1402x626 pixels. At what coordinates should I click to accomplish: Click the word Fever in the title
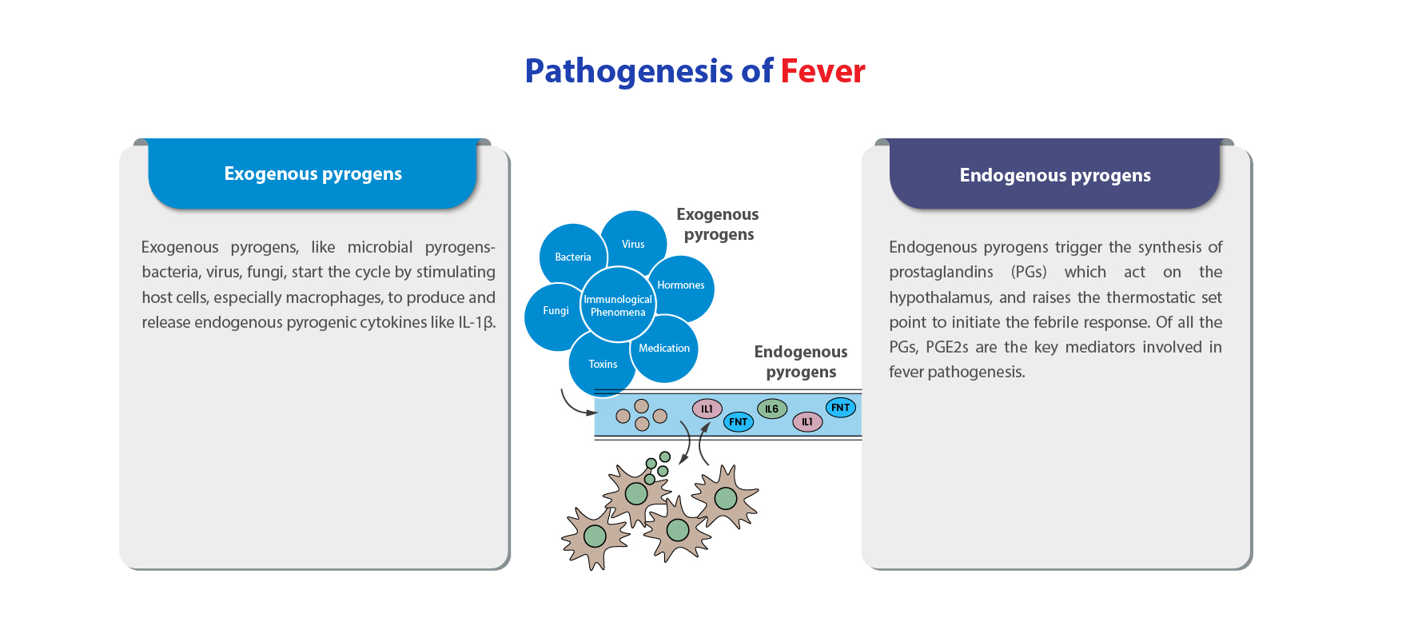click(822, 71)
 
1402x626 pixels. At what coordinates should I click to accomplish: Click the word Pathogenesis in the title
click(628, 72)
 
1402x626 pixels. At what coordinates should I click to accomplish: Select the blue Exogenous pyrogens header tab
click(313, 173)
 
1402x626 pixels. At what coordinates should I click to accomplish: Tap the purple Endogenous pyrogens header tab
click(1055, 174)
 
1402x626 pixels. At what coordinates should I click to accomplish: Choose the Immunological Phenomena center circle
click(618, 305)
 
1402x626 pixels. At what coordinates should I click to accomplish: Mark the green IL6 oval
click(772, 409)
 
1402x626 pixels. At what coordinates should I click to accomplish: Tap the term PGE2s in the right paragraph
click(947, 347)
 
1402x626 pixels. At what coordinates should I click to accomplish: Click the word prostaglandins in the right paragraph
click(941, 273)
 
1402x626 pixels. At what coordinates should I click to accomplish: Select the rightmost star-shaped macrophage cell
click(725, 497)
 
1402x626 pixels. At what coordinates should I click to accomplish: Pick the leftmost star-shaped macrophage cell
click(595, 536)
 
